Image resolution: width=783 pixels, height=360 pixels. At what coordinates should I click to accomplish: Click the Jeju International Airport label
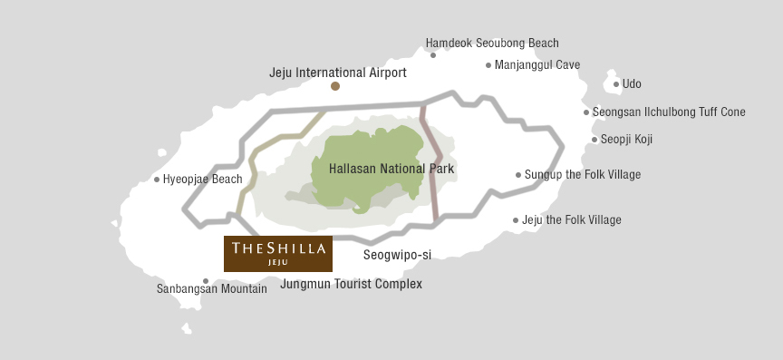(338, 73)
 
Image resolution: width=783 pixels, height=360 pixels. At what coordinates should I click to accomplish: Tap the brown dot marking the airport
(335, 86)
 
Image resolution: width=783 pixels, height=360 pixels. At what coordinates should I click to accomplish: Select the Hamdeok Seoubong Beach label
(492, 43)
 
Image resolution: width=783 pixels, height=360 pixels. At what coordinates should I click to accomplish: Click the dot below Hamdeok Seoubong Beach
(433, 55)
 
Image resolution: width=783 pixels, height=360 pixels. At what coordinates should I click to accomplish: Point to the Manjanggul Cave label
(537, 65)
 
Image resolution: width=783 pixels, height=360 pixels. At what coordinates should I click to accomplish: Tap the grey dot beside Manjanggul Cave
(488, 65)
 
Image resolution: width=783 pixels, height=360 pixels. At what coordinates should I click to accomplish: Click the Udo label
(632, 84)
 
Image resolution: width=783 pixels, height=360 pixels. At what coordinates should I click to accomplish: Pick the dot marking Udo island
(616, 84)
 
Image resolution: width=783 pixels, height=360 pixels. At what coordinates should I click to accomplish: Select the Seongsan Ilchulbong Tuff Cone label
(669, 112)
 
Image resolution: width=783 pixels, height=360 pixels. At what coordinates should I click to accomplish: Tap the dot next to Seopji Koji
(594, 140)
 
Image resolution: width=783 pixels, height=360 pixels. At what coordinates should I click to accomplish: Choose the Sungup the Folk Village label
(583, 175)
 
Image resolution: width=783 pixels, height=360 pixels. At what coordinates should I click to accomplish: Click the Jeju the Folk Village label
(572, 220)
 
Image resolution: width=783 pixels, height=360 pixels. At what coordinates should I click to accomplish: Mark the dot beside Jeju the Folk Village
(516, 220)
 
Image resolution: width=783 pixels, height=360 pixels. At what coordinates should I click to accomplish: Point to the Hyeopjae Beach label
(202, 180)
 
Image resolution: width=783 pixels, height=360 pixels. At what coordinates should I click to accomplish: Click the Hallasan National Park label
(391, 169)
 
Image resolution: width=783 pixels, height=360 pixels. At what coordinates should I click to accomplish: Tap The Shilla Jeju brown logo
(278, 254)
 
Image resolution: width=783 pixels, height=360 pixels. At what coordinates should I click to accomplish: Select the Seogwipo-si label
(397, 255)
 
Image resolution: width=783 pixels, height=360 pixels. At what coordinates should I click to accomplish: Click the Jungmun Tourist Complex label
(352, 284)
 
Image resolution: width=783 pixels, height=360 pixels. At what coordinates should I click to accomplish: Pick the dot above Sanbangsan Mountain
(206, 281)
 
